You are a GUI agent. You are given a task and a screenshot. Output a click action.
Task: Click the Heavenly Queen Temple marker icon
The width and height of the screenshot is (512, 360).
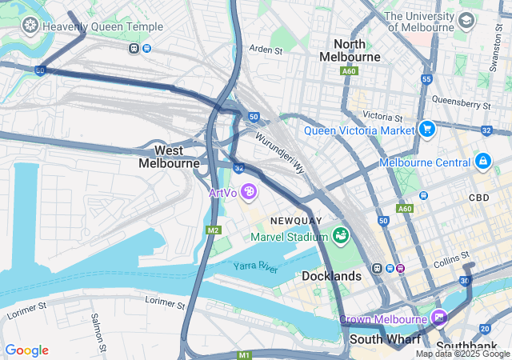[31, 26]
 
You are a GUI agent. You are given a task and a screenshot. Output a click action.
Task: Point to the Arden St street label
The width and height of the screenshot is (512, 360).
[266, 50]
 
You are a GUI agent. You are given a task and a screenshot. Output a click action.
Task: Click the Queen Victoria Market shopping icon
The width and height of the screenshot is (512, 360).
[427, 129]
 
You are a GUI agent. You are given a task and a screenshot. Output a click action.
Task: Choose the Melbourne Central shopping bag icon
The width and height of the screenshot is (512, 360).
[482, 162]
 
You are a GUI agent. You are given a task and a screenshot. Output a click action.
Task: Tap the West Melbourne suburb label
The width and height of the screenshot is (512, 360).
[169, 157]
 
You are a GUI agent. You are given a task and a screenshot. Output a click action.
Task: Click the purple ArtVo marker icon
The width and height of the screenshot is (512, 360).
[249, 192]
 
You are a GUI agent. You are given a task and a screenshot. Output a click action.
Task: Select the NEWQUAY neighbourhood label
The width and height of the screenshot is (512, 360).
[296, 220]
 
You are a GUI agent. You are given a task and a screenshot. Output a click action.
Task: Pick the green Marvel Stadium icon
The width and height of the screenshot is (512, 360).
[342, 235]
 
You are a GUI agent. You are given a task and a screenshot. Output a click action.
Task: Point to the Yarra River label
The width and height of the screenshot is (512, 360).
[255, 266]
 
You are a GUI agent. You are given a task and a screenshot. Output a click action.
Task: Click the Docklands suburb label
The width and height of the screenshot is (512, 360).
[332, 276]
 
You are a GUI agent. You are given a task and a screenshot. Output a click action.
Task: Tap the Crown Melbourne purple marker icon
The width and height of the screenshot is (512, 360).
[438, 318]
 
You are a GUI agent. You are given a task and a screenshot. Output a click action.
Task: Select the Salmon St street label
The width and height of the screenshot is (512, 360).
[98, 330]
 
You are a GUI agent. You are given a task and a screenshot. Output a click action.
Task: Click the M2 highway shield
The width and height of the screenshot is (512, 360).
[213, 230]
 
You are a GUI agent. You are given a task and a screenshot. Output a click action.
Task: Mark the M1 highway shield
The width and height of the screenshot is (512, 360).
[244, 354]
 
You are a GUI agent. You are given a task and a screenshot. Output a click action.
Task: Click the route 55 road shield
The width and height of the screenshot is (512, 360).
[426, 79]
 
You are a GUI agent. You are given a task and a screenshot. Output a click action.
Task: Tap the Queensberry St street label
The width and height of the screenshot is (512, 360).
[460, 102]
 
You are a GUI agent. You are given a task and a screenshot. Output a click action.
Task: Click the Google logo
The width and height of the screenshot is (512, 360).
[26, 350]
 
